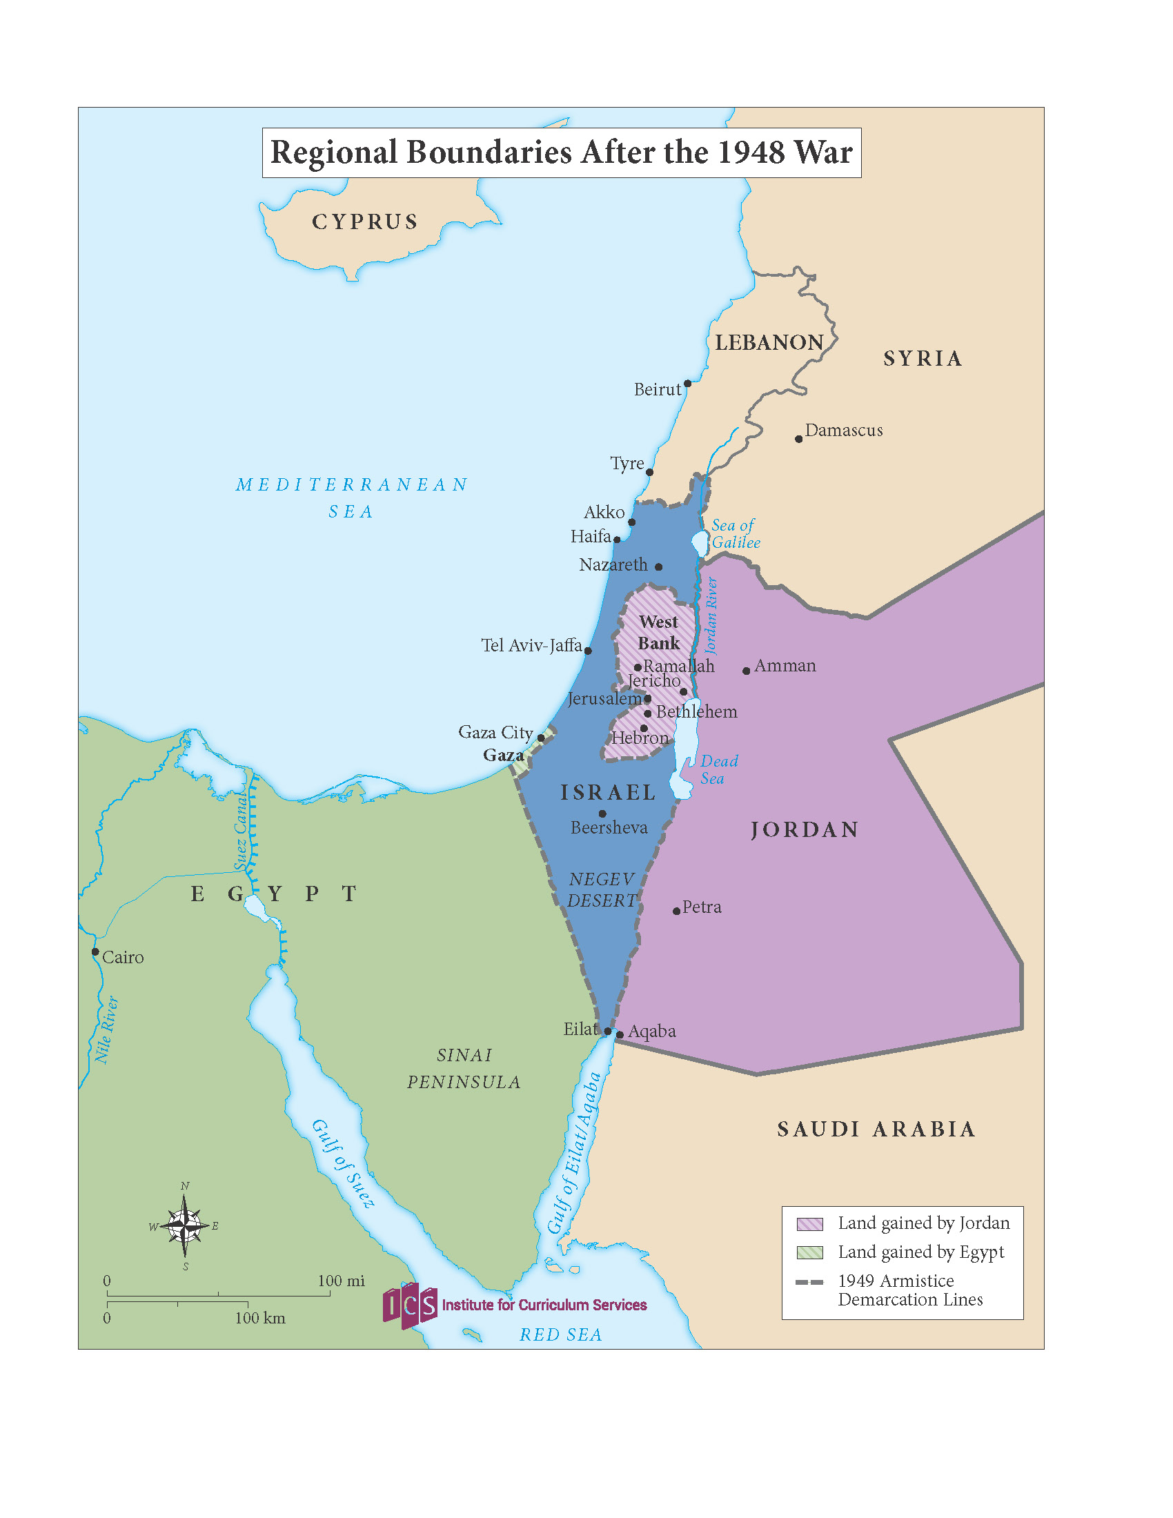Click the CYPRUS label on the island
click(x=365, y=221)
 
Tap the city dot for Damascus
click(x=799, y=439)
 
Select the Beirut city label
click(x=657, y=390)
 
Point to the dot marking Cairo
click(x=96, y=952)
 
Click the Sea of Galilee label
click(x=736, y=534)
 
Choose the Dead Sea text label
click(x=718, y=769)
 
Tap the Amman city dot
click(x=747, y=671)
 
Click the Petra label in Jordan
click(x=701, y=907)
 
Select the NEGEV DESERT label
click(x=602, y=889)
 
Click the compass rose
click(x=184, y=1226)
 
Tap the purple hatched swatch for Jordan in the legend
click(x=809, y=1224)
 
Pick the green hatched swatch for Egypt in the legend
click(x=809, y=1252)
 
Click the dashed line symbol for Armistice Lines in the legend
click(x=809, y=1282)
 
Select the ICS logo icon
click(x=410, y=1305)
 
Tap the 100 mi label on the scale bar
click(x=341, y=1280)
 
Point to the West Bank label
click(x=659, y=632)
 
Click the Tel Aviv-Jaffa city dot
click(x=588, y=651)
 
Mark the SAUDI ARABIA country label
click(x=876, y=1130)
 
